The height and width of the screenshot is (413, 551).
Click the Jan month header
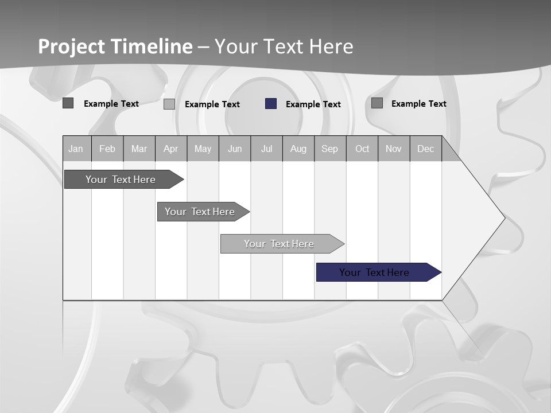[76, 149]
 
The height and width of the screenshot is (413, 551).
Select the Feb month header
[107, 149]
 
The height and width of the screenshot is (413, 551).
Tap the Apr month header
[171, 149]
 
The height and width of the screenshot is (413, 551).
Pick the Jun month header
[235, 149]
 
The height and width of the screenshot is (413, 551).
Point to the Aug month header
[298, 149]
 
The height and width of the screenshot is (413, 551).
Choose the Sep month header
[330, 149]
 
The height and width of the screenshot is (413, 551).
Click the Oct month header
[362, 149]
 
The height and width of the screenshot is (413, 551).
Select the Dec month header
[426, 149]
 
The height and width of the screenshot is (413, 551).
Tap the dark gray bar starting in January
[121, 180]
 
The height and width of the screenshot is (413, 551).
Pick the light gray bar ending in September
[280, 244]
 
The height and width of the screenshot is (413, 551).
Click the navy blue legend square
[271, 104]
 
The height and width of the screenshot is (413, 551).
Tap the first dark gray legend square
[68, 103]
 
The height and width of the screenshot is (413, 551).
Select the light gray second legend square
[169, 104]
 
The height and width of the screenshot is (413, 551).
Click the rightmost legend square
[377, 103]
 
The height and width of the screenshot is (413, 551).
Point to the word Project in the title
[71, 46]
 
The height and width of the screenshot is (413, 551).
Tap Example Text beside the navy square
[313, 104]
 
